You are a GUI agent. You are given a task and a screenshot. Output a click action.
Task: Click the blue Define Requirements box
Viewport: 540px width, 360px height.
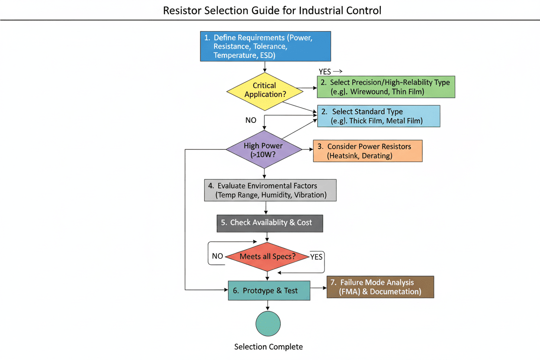click(265, 46)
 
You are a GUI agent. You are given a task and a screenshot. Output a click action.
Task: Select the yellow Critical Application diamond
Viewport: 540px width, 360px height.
click(264, 90)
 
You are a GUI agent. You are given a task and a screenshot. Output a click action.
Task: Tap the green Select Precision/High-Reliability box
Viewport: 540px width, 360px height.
click(386, 87)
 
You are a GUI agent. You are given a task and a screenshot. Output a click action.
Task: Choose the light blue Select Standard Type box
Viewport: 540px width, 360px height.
click(379, 116)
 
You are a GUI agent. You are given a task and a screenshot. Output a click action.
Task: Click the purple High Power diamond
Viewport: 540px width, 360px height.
click(264, 150)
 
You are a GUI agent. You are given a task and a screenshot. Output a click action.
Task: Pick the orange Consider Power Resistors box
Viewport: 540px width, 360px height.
click(367, 151)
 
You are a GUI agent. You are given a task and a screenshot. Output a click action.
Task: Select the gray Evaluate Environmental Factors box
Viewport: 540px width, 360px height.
click(270, 190)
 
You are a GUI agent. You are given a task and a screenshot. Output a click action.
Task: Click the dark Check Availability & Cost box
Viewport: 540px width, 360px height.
click(270, 222)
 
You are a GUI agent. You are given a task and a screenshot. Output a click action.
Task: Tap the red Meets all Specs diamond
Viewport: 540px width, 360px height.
click(268, 256)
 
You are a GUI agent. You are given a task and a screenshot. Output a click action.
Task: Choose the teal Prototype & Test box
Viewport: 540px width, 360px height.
click(269, 290)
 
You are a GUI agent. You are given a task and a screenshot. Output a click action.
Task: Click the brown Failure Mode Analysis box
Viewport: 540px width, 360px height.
click(380, 287)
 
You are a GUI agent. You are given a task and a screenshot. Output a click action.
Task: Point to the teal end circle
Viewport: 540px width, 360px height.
click(268, 324)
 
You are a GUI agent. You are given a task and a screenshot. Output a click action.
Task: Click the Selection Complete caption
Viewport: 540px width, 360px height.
click(268, 347)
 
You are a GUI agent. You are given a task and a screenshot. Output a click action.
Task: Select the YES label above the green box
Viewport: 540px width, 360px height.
click(325, 72)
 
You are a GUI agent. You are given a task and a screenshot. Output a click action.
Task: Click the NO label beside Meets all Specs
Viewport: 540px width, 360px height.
click(217, 256)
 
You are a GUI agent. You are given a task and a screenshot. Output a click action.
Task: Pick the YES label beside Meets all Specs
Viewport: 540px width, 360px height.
click(316, 257)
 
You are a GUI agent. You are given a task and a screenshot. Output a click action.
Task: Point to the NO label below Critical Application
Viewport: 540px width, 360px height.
click(251, 120)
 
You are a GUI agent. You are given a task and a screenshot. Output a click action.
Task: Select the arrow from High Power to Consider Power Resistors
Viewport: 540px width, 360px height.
click(307, 149)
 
